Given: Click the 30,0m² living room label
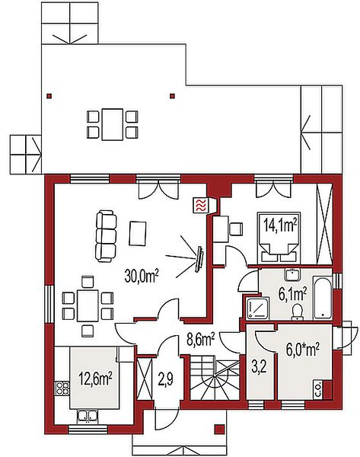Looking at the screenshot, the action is pyautogui.click(x=142, y=276).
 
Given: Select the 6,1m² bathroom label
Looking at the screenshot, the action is pyautogui.click(x=292, y=294).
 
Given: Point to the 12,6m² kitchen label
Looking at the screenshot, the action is pyautogui.click(x=95, y=379).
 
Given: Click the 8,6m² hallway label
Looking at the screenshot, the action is pyautogui.click(x=201, y=339).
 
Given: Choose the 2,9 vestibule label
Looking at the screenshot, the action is pyautogui.click(x=166, y=379).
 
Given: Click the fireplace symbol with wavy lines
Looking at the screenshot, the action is pyautogui.click(x=200, y=206).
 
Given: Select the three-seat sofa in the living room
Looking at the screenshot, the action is pyautogui.click(x=106, y=235).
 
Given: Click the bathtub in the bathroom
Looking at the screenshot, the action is pyautogui.click(x=322, y=297).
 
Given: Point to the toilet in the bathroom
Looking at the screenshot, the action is pyautogui.click(x=297, y=312).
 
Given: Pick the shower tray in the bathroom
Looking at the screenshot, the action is pyautogui.click(x=257, y=308).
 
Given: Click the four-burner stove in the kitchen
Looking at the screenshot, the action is pyautogui.click(x=62, y=388).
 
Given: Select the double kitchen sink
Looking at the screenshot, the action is pyautogui.click(x=87, y=416).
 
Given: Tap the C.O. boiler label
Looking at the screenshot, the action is pyautogui.click(x=318, y=389).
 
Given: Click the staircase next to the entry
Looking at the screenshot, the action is pyautogui.click(x=215, y=377).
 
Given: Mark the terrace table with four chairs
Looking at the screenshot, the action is pyautogui.click(x=112, y=125).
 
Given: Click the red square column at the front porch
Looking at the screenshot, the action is pyautogui.click(x=220, y=429).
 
